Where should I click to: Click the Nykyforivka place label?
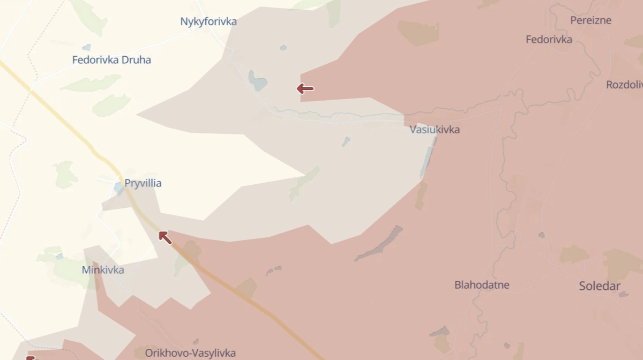pyautogui.click(x=208, y=22)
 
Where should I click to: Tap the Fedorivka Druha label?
pyautogui.click(x=111, y=60)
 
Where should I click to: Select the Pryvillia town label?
pyautogui.click(x=143, y=183)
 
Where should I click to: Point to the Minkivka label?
pyautogui.click(x=103, y=270)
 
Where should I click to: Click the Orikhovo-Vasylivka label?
pyautogui.click(x=190, y=353)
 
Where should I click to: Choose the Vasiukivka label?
pyautogui.click(x=435, y=130)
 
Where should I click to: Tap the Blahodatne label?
pyautogui.click(x=482, y=285)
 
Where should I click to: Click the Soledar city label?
pyautogui.click(x=600, y=286)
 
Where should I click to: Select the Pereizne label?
pyautogui.click(x=590, y=20)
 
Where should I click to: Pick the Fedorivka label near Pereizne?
pyautogui.click(x=549, y=40)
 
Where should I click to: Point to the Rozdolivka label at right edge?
pyautogui.click(x=624, y=85)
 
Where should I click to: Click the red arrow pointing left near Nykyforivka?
pyautogui.click(x=305, y=89)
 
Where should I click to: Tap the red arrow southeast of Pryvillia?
pyautogui.click(x=165, y=237)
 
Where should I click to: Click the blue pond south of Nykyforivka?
pyautogui.click(x=257, y=81)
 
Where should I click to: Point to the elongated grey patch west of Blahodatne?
pyautogui.click(x=379, y=244)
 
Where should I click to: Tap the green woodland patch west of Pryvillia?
pyautogui.click(x=65, y=175)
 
